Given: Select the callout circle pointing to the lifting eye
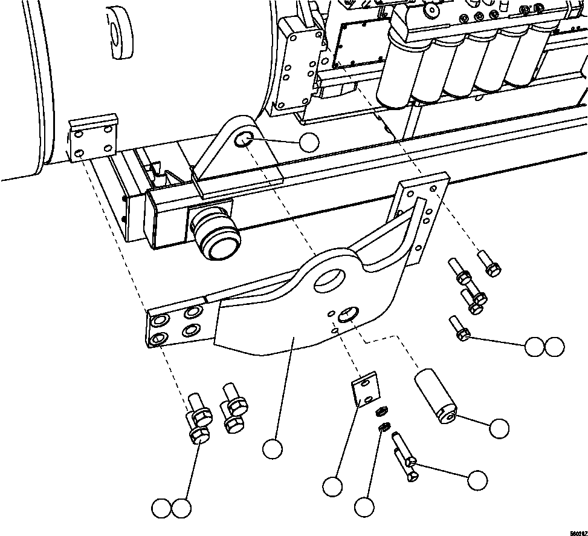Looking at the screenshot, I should pos(309,142).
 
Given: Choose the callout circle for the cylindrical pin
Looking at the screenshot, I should pos(499,428).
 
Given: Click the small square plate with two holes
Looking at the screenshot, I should pos(364,390).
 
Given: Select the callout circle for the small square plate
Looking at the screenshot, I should pos(332,485).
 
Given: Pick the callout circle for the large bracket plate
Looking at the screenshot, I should pos(273,448).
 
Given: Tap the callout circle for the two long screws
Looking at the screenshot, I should pos(477,480).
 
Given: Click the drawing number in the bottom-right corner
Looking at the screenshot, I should pos(573,531).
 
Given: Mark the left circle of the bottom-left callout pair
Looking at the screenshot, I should pos(161,508).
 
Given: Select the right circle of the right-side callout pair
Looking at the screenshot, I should pos(554,347).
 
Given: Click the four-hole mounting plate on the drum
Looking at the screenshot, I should pos(93,139).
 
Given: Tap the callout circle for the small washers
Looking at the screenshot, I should pos(364,508).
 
